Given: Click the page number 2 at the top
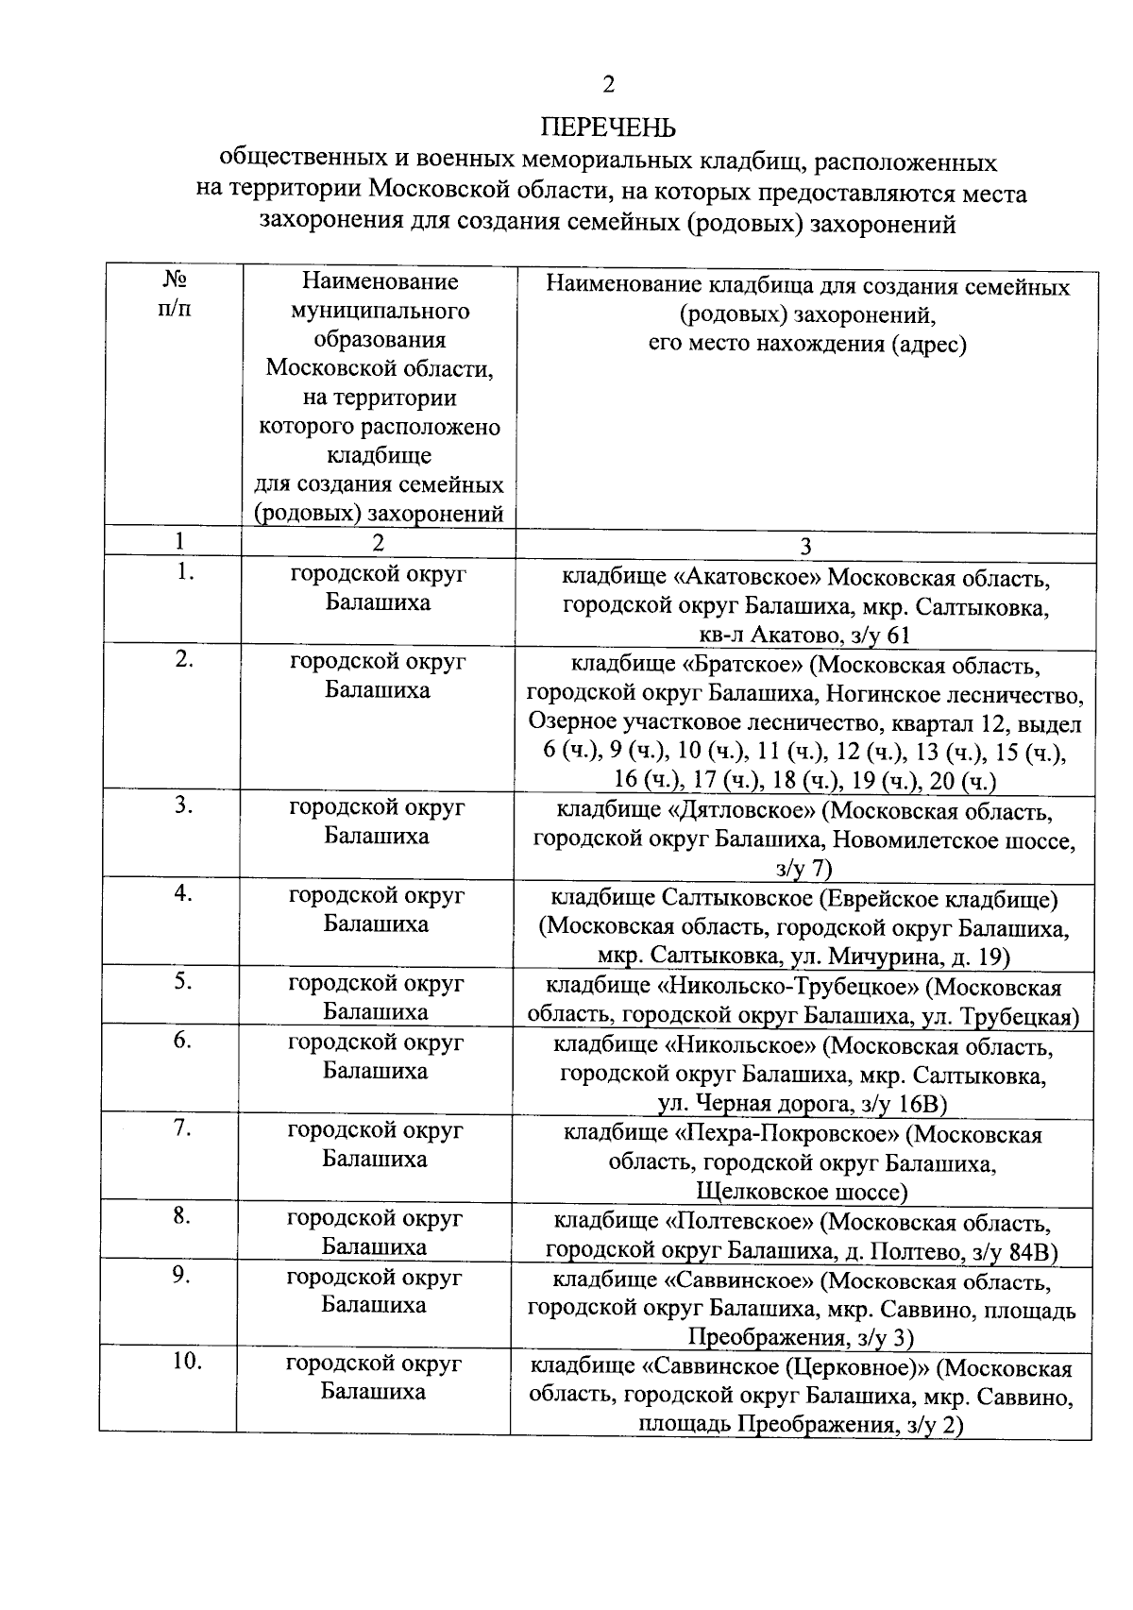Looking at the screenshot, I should click(609, 85).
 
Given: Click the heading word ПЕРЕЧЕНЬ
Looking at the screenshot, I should click(609, 127).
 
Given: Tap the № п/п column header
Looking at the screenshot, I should click(175, 295).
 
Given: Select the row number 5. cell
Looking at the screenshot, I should click(183, 982).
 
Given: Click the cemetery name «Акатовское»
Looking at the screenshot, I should click(752, 577).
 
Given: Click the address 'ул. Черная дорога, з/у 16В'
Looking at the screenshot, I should click(802, 1104).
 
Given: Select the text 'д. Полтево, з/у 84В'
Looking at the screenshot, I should click(962, 1252).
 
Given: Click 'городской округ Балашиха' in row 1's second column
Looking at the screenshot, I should click(378, 587).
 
